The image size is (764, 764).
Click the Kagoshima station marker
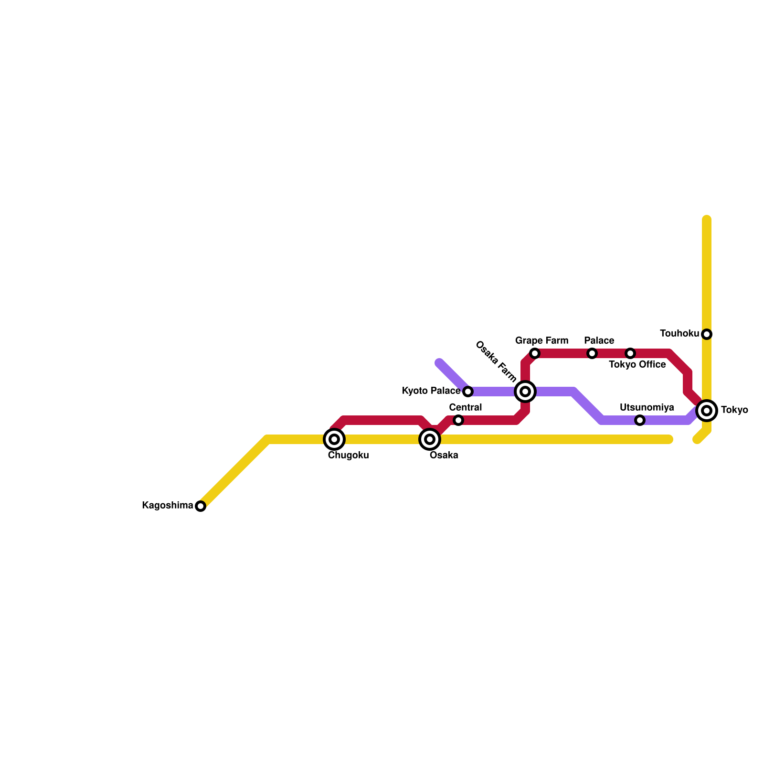click(x=201, y=506)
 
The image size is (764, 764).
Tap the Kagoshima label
click(x=168, y=506)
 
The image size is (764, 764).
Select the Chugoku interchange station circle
click(x=334, y=439)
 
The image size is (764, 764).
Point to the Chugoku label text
click(x=348, y=456)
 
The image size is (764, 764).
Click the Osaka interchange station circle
click(x=430, y=439)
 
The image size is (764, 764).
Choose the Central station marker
click(x=458, y=420)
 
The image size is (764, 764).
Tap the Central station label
click(x=466, y=408)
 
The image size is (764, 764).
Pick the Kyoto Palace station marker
click(x=468, y=392)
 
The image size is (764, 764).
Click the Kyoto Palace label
click(x=431, y=391)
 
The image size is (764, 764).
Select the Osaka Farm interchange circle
click(x=525, y=392)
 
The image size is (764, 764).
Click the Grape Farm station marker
click(x=535, y=353)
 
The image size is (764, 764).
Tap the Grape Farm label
click(x=541, y=341)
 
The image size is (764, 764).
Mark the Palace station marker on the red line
click(x=592, y=353)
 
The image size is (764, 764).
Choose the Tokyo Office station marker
click(x=630, y=353)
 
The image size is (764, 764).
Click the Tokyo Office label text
click(x=637, y=365)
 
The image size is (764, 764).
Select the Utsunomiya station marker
click(x=640, y=420)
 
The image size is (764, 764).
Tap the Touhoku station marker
click(x=707, y=334)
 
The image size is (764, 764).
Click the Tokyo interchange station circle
click(x=707, y=411)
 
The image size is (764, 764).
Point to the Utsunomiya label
click(x=647, y=408)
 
